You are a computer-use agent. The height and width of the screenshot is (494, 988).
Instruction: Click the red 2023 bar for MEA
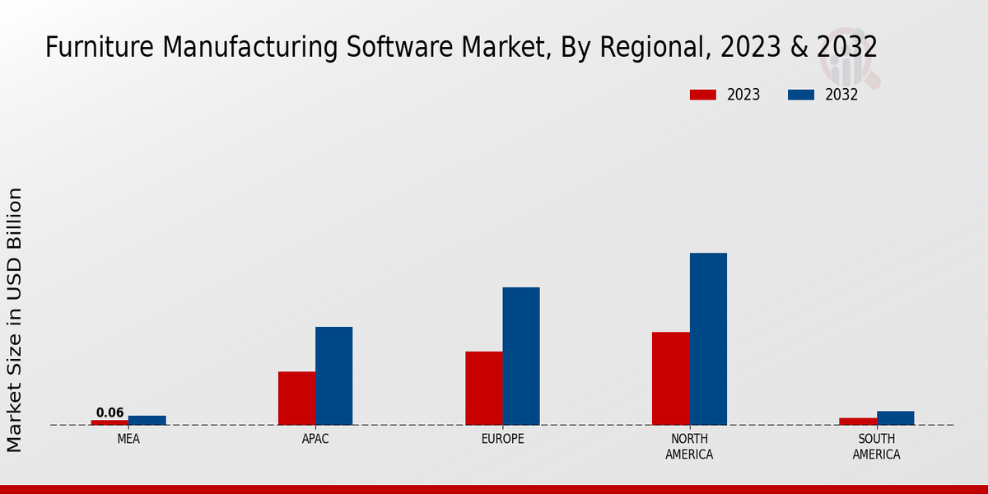110,422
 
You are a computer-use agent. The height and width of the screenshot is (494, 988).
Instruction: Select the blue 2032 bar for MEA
147,420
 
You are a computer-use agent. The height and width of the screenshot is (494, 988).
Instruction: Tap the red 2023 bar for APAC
296,398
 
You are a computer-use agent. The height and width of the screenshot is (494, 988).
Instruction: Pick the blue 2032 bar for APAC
333,375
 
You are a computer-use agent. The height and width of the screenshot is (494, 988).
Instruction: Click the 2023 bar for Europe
483,388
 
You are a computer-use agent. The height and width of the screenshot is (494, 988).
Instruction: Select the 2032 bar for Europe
521,356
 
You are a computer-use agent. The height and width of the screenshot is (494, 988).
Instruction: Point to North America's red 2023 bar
670,378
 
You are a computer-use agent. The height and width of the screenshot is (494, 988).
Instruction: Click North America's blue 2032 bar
708,338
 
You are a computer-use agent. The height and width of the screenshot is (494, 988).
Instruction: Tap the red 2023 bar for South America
857,422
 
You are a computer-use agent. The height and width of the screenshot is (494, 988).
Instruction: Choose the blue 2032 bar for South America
895,417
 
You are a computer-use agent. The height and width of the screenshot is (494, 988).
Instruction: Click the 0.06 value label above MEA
110,412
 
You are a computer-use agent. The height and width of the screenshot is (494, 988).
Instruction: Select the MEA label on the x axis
128,439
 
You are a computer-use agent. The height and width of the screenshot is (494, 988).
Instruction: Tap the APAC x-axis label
315,439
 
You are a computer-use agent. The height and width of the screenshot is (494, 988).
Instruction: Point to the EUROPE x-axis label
502,439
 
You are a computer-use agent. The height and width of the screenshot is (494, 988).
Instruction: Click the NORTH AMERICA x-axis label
689,446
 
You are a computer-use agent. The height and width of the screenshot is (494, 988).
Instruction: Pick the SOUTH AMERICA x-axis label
876,446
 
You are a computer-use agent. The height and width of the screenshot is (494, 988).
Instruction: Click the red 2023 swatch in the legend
702,95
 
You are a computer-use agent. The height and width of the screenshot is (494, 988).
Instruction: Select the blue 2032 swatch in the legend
800,95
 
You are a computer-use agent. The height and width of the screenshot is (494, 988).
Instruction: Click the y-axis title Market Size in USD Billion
15,319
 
